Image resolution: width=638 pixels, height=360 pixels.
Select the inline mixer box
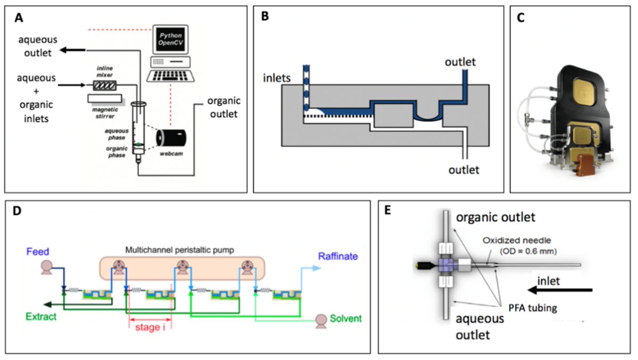pyautogui.click(x=103, y=85)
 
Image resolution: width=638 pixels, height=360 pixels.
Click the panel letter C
pyautogui.click(x=523, y=19)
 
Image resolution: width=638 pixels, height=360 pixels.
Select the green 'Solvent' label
pyautogui.click(x=345, y=319)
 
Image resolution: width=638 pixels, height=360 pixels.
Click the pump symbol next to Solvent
pyautogui.click(x=321, y=319)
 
